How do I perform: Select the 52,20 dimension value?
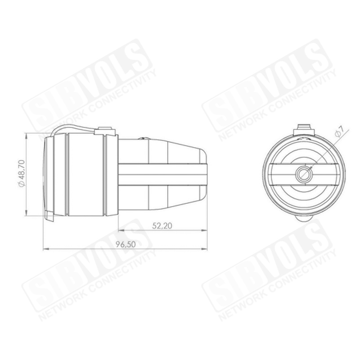(x=162, y=226)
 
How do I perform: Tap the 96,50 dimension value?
(x=126, y=244)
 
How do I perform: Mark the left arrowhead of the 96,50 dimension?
(x=46, y=249)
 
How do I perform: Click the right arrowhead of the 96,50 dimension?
(x=204, y=249)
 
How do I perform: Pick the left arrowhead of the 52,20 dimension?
(x=121, y=230)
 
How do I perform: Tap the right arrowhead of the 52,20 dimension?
(x=204, y=230)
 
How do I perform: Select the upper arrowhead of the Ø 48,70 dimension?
(x=27, y=136)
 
